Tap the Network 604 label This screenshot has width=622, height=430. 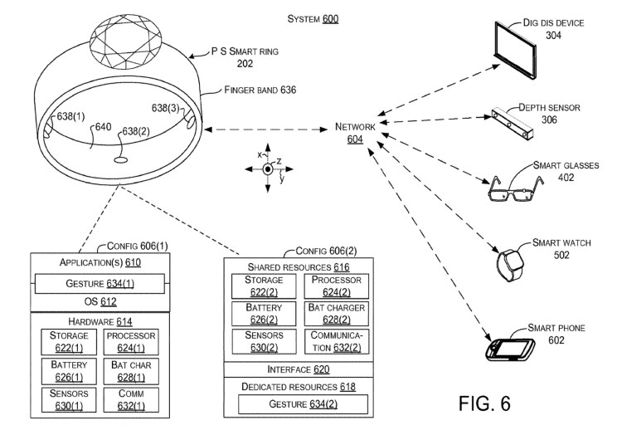point(355,132)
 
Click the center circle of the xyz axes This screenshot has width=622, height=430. point(267,169)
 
